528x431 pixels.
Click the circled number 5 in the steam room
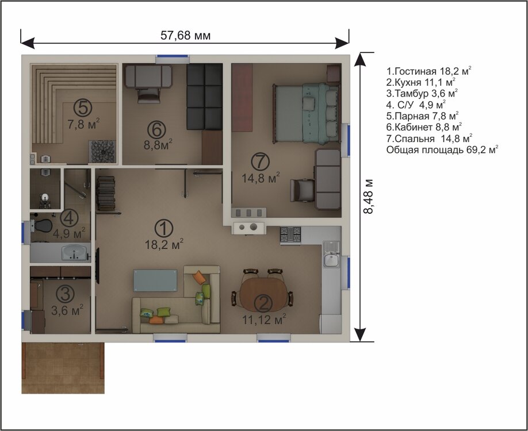pos(82,107)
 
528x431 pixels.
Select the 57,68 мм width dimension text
pos(185,36)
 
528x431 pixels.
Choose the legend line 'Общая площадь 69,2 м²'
pos(442,150)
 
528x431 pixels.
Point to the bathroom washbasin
pos(73,252)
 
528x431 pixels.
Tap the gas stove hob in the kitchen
pos(290,234)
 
